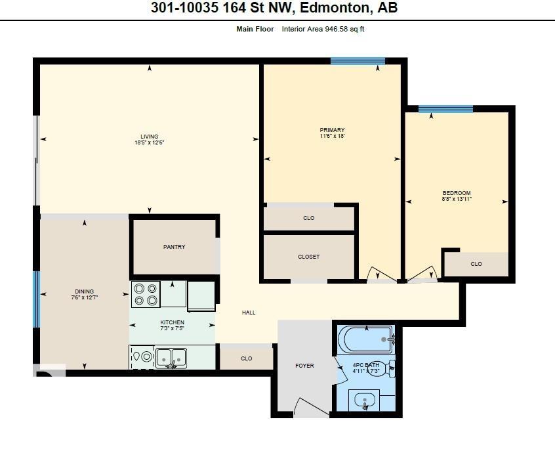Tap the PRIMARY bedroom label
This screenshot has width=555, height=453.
(x=332, y=130)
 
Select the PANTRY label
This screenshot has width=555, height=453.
(x=174, y=247)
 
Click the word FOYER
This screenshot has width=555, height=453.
(x=304, y=365)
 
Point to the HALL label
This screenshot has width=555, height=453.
(x=249, y=313)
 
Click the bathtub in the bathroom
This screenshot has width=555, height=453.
(x=365, y=339)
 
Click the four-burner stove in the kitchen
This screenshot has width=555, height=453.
(x=146, y=294)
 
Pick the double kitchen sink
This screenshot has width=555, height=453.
(x=171, y=358)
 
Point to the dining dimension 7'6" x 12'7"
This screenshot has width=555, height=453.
(x=84, y=298)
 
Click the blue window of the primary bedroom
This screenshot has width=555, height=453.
(x=358, y=62)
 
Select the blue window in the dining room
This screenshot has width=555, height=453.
(x=37, y=299)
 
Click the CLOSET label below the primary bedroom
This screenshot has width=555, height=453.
(x=308, y=257)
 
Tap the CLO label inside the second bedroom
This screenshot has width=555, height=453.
(x=476, y=264)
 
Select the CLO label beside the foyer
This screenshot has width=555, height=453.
(x=246, y=358)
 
